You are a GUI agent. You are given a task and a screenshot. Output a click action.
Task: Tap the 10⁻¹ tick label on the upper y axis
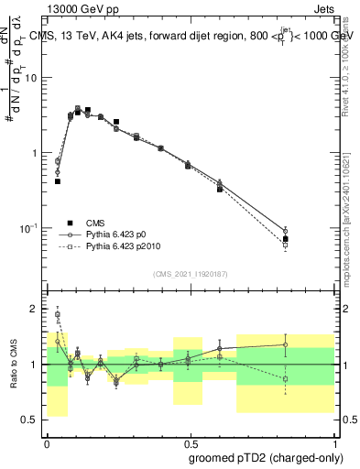pos(30,228)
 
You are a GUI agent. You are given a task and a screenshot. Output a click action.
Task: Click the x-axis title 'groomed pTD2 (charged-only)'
pos(266,457)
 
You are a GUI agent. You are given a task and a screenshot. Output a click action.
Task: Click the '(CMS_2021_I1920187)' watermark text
pos(190,274)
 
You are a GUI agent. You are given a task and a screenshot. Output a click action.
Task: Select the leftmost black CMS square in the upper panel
pos(58,181)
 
